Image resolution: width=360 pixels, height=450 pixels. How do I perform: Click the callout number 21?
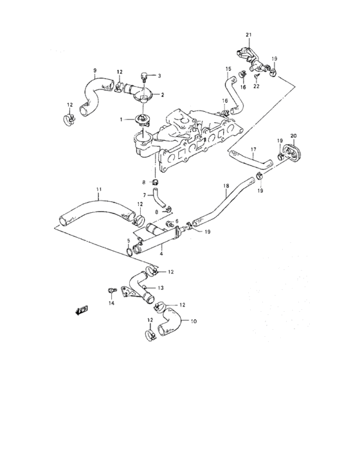(248, 35)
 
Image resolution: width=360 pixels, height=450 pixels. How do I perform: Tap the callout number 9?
(95, 70)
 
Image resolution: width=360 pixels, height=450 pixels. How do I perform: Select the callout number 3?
(159, 76)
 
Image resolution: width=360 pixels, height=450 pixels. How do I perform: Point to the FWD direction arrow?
(82, 310)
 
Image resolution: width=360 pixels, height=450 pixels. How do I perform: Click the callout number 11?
(99, 190)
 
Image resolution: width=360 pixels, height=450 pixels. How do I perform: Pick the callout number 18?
(226, 186)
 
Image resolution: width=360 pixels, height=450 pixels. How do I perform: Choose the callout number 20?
(293, 136)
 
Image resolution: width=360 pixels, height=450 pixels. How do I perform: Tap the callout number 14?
(111, 303)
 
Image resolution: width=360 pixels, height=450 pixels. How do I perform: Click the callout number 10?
(194, 321)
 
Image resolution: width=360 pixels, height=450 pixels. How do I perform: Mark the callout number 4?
(161, 254)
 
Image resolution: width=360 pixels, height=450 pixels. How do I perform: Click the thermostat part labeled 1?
(141, 120)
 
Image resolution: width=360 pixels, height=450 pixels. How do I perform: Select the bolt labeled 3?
(143, 76)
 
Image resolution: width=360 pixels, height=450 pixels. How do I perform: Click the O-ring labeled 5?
(129, 252)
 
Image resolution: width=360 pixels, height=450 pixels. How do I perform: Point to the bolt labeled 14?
(111, 290)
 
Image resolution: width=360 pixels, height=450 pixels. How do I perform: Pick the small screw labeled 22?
(256, 76)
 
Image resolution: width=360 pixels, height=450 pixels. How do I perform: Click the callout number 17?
(253, 150)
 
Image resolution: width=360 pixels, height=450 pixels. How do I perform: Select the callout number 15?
(228, 69)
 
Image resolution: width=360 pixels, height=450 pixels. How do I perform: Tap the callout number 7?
(145, 195)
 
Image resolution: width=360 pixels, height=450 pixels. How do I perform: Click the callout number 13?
(161, 288)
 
